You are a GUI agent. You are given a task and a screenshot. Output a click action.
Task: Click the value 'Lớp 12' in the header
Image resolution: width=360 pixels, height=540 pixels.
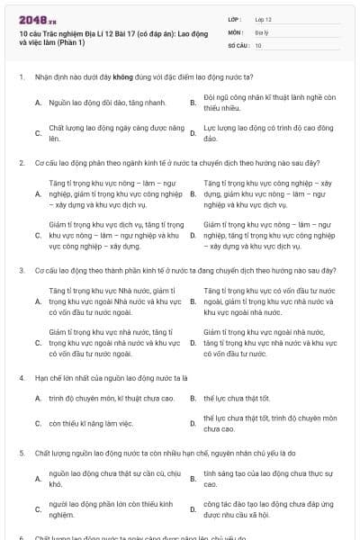click(x=264, y=19)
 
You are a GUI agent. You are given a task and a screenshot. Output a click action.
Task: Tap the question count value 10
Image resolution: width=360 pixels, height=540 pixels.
click(x=258, y=44)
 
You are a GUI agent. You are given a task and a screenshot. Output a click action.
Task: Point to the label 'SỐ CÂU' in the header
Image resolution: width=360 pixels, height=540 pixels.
click(x=237, y=44)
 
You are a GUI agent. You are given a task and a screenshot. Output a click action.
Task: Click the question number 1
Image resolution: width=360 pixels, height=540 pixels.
click(x=20, y=76)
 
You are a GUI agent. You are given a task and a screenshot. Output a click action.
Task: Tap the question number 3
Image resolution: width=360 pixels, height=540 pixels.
click(x=20, y=270)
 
